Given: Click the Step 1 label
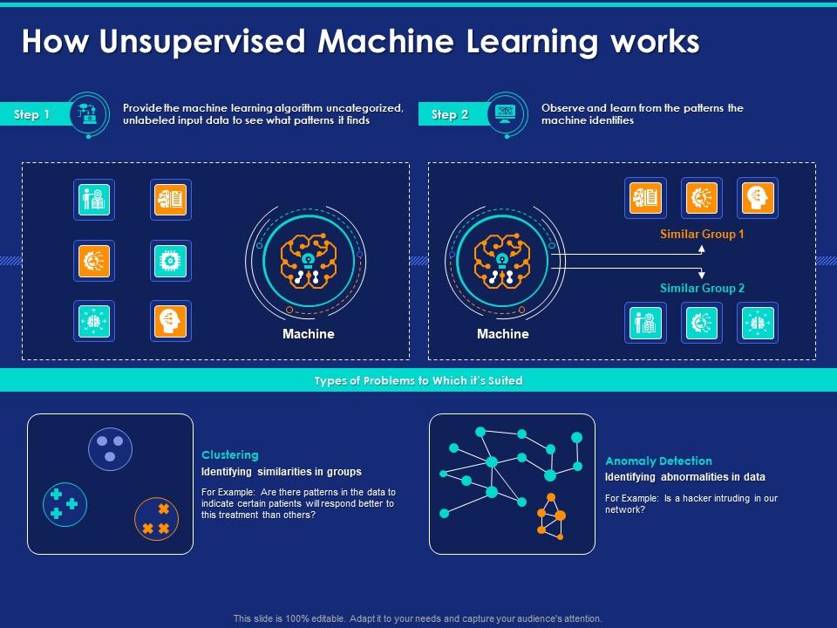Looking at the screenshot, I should (x=32, y=114).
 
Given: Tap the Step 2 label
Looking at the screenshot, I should (x=450, y=114).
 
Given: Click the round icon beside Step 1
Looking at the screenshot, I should (x=88, y=114).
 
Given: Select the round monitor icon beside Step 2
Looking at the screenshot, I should (x=506, y=114).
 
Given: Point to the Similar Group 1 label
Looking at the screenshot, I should (x=702, y=235).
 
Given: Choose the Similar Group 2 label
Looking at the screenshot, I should (x=702, y=288).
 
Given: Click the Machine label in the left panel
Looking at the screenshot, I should (x=308, y=334).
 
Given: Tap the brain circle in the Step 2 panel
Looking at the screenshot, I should (x=502, y=260).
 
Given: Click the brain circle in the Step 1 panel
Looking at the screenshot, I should (x=308, y=260).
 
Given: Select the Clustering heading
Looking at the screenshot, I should (x=230, y=454).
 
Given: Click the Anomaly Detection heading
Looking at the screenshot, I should (x=658, y=461).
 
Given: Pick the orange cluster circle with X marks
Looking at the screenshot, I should (x=157, y=518).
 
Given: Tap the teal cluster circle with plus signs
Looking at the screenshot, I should (x=65, y=504).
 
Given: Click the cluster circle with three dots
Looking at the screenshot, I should (x=110, y=447).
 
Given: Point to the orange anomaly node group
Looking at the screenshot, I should (x=550, y=516).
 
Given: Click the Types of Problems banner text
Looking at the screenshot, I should (x=418, y=380).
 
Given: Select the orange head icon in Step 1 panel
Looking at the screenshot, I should (x=170, y=321).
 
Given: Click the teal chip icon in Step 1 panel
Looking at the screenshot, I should (x=170, y=260).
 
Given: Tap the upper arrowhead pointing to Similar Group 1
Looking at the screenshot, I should (x=701, y=249).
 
